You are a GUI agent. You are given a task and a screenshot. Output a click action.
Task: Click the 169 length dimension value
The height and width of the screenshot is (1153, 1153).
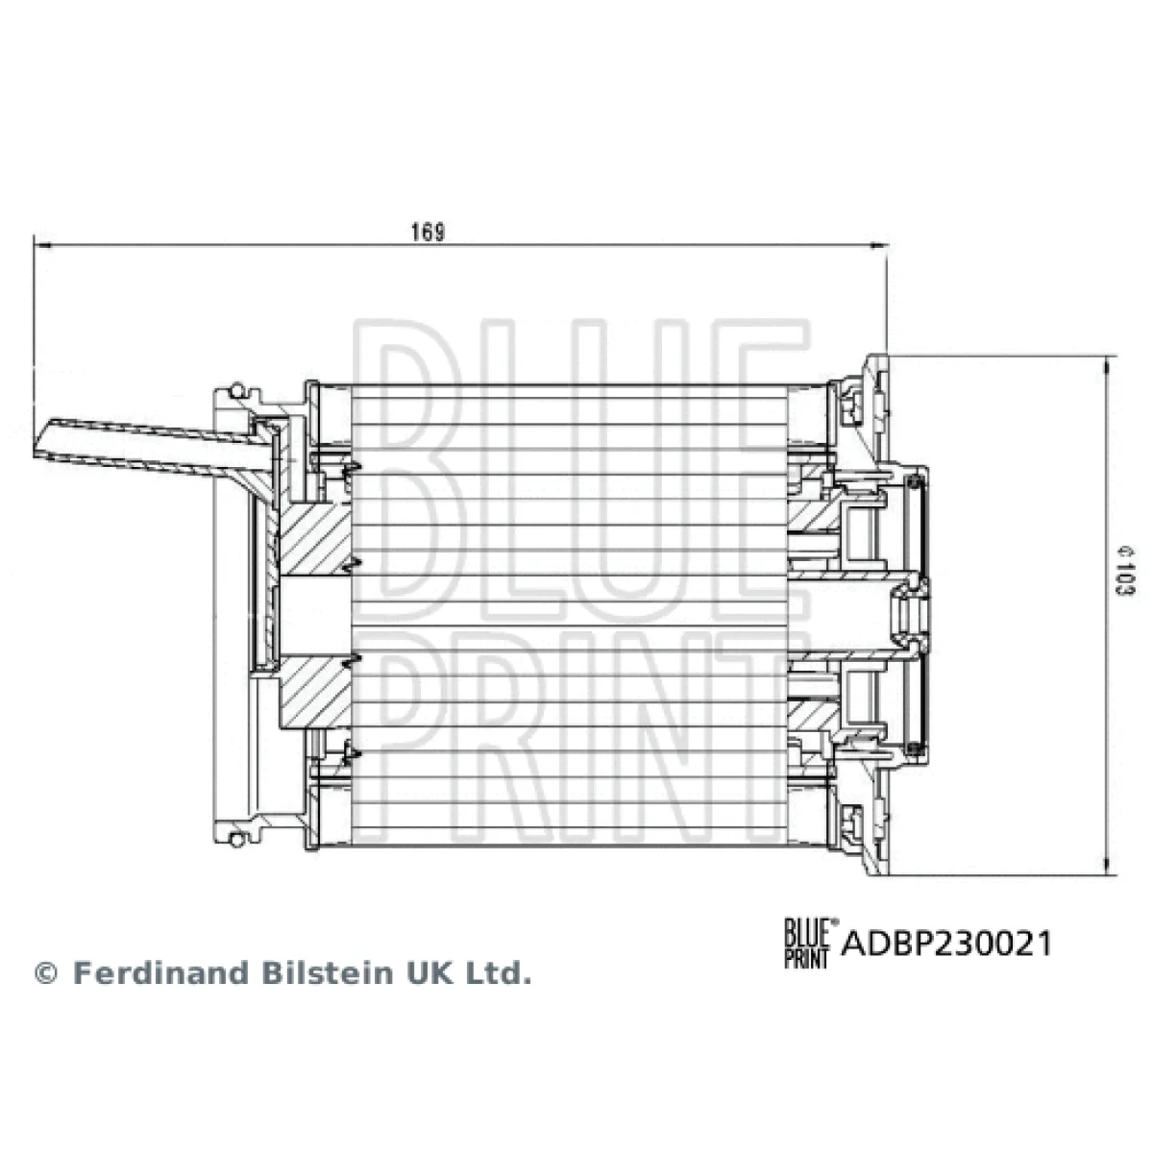[428, 232]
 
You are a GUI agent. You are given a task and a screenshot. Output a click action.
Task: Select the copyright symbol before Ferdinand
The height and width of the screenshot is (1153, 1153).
[46, 973]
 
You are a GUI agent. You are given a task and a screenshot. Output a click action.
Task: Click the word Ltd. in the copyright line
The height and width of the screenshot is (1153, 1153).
[499, 973]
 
